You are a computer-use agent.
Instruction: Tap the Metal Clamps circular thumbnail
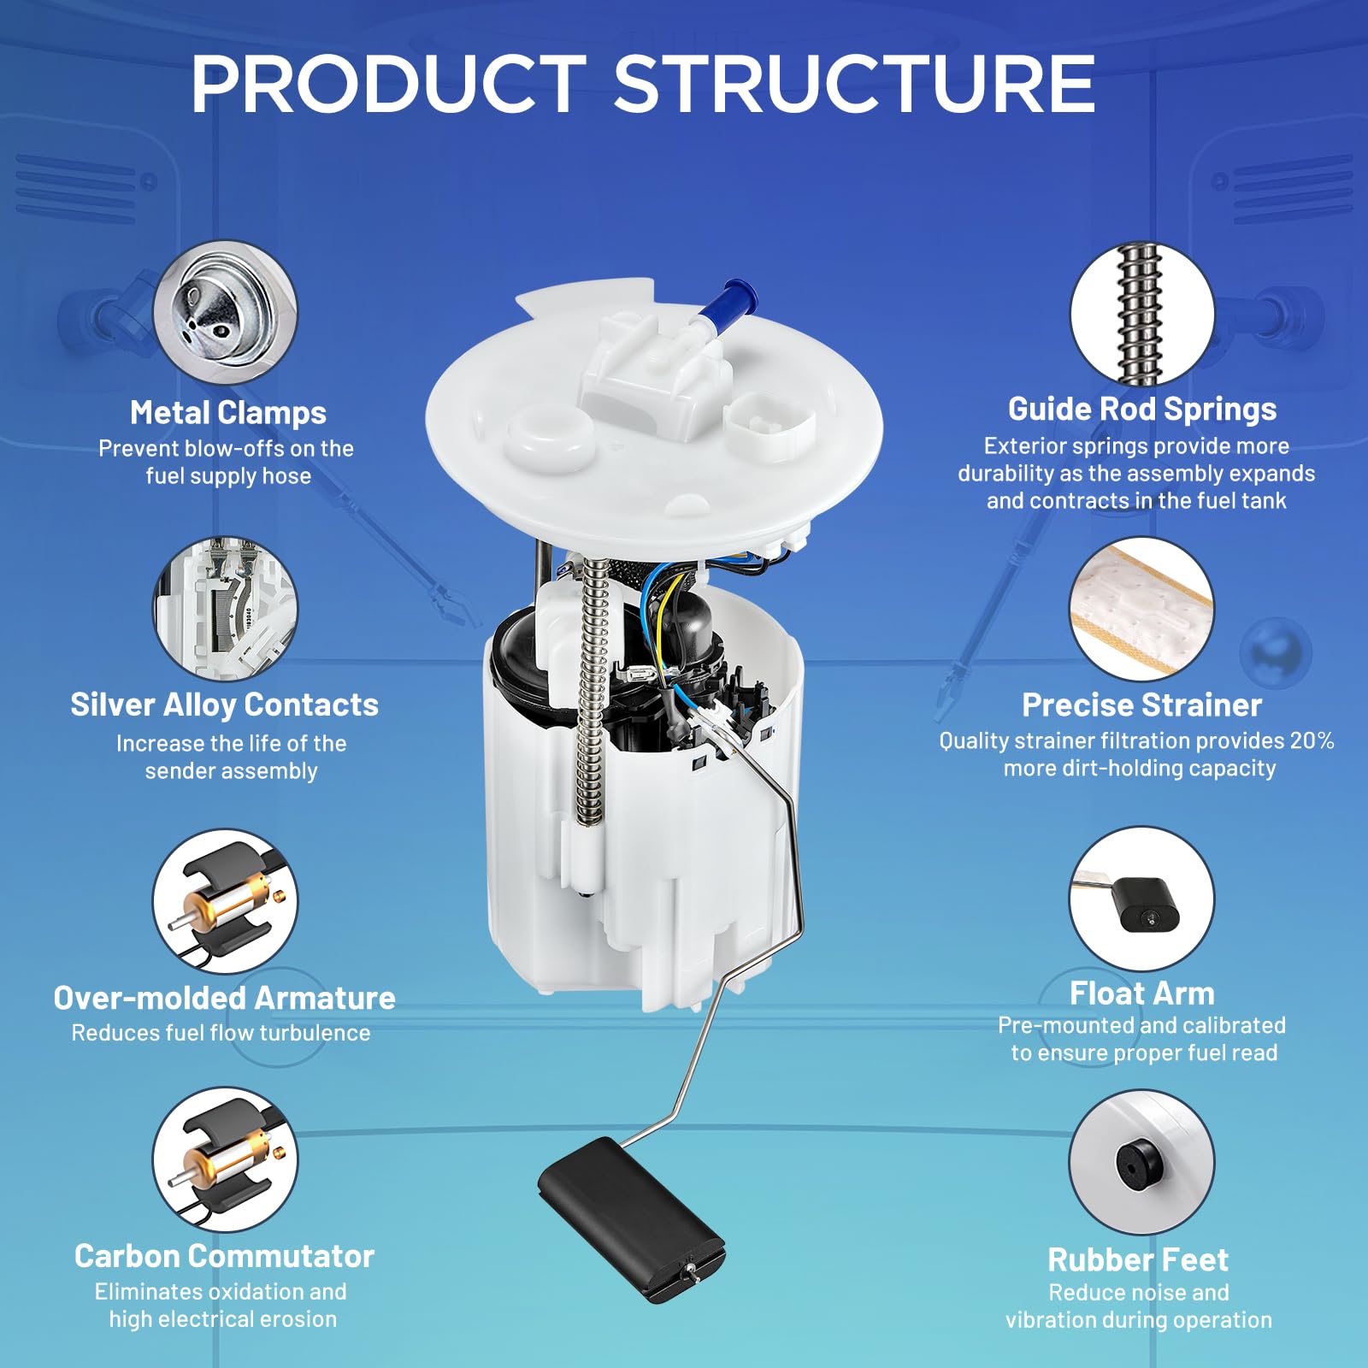[226, 311]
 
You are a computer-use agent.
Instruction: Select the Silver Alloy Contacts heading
[224, 705]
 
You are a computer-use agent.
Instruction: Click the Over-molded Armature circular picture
[226, 901]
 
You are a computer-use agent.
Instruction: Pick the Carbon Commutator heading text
[224, 1256]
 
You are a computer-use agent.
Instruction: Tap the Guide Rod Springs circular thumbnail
[1142, 314]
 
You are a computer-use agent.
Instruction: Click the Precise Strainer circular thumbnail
[1142, 610]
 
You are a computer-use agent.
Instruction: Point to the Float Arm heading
[1142, 994]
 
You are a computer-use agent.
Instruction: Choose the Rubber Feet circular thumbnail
[1142, 1162]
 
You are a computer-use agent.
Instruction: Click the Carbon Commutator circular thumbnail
[226, 1160]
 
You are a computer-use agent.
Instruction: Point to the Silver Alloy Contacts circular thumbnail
[226, 609]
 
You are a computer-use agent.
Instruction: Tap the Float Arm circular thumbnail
[1142, 899]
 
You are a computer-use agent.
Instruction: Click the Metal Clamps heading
[228, 413]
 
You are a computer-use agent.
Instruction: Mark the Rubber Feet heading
[1138, 1259]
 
